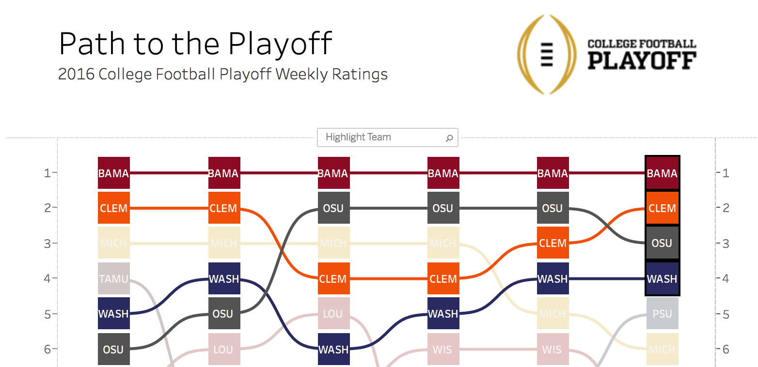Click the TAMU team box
pyautogui.click(x=113, y=278)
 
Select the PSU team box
pyautogui.click(x=662, y=314)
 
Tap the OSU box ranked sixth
pyautogui.click(x=113, y=349)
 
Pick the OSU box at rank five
pyautogui.click(x=223, y=314)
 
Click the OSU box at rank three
pyautogui.click(x=662, y=243)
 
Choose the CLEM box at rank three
pyautogui.click(x=553, y=243)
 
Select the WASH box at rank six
pyautogui.click(x=333, y=349)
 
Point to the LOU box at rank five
pyautogui.click(x=333, y=314)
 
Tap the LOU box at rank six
pyautogui.click(x=223, y=349)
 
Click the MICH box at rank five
pyautogui.click(x=553, y=314)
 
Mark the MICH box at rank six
pyautogui.click(x=662, y=349)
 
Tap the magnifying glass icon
pyautogui.click(x=449, y=138)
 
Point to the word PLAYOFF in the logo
pyautogui.click(x=642, y=60)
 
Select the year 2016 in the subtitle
pyautogui.click(x=76, y=75)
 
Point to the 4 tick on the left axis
pyautogui.click(x=47, y=278)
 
